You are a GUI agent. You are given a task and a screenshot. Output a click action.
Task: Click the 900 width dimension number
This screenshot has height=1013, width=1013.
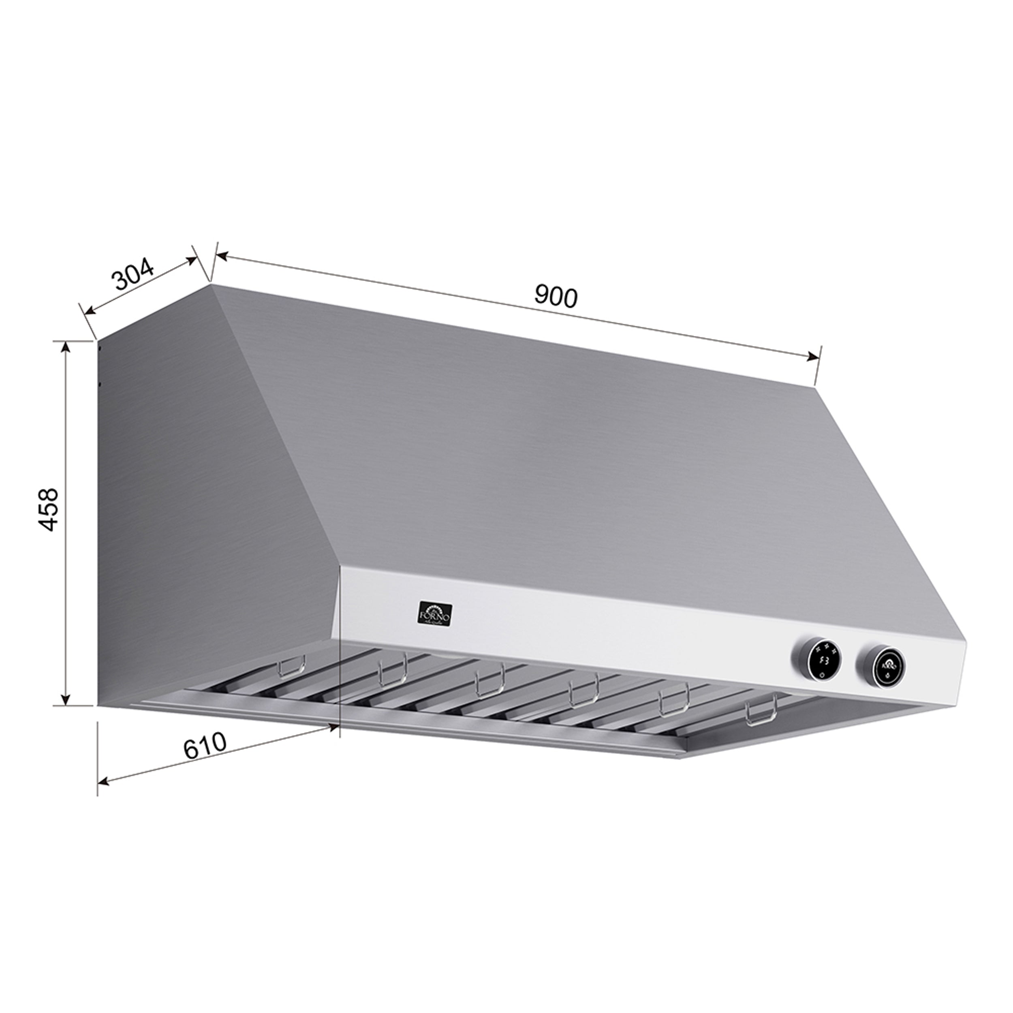(x=556, y=297)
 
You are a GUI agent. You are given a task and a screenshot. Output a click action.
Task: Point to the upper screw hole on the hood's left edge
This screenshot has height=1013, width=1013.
(x=100, y=347)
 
